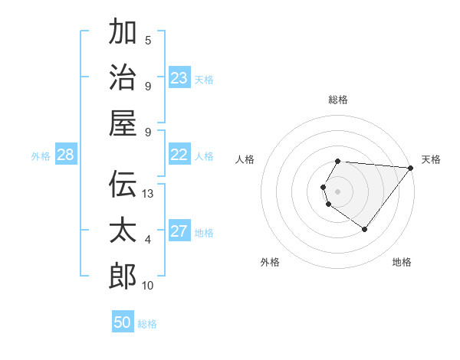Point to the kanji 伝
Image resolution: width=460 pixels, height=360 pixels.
[123, 184]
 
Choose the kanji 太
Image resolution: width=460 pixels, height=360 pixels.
[123, 230]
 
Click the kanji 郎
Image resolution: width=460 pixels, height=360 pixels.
[123, 276]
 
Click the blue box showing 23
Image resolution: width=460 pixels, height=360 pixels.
[179, 77]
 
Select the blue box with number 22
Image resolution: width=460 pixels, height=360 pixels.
[179, 155]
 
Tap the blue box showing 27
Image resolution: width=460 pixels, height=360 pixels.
[179, 231]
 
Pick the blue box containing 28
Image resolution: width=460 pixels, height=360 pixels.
[66, 155]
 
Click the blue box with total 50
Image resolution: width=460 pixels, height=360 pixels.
[123, 322]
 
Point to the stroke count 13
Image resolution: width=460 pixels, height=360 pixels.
[149, 194]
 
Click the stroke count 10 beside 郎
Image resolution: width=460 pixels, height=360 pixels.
[149, 286]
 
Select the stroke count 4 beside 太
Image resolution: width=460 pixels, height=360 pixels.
[148, 240]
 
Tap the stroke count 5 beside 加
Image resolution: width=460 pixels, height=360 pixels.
[148, 41]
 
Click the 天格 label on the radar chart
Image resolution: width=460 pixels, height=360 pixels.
[431, 159]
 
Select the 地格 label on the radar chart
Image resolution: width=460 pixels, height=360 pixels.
[402, 262]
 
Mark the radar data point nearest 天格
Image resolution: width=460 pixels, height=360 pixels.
[411, 169]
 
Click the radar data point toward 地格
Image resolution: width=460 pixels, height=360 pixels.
[365, 229]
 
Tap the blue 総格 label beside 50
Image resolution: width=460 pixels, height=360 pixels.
[147, 324]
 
